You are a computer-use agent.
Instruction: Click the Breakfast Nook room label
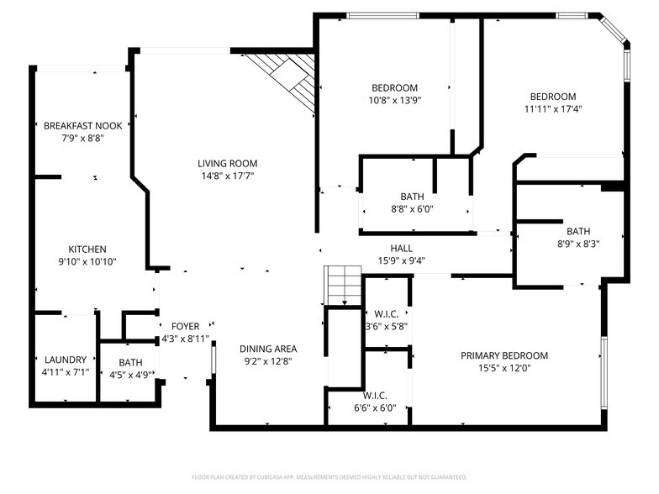(x=83, y=126)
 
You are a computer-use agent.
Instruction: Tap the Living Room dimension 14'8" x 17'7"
(x=227, y=176)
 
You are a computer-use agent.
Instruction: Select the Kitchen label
(x=87, y=249)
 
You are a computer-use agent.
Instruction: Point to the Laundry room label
(x=66, y=360)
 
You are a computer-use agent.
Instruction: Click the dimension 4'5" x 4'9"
(x=124, y=375)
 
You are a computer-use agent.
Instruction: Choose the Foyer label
(x=185, y=326)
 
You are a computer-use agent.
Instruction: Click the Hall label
(x=401, y=248)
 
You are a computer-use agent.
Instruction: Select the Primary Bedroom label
(x=503, y=355)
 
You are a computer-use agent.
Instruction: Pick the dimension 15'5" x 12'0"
(x=503, y=368)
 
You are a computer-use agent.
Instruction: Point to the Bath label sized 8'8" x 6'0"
(x=412, y=197)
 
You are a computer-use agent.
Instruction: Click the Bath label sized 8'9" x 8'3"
(x=577, y=232)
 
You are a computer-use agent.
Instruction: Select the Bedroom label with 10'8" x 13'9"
(x=394, y=88)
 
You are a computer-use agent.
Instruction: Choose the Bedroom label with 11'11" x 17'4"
(x=551, y=97)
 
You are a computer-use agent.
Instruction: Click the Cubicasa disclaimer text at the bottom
(x=329, y=476)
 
